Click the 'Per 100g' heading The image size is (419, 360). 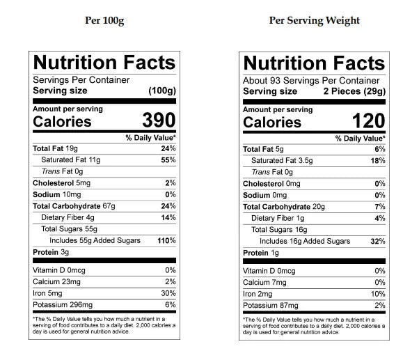pyautogui.click(x=104, y=20)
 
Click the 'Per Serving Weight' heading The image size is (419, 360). pyautogui.click(x=314, y=20)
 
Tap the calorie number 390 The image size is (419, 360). pyautogui.click(x=159, y=120)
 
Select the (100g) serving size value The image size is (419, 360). pyautogui.click(x=162, y=91)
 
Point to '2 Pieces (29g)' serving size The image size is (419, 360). pyautogui.click(x=354, y=91)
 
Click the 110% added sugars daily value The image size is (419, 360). pyautogui.click(x=167, y=241)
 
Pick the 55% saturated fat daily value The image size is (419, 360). pyautogui.click(x=168, y=160)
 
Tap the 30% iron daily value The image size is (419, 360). pyautogui.click(x=168, y=292)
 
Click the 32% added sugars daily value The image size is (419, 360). pyautogui.click(x=379, y=242)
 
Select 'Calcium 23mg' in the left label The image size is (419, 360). pyautogui.click(x=56, y=281)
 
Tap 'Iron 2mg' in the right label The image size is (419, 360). pyautogui.click(x=258, y=294)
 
